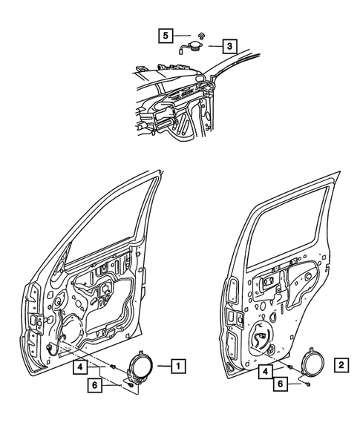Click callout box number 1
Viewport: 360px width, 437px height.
179,364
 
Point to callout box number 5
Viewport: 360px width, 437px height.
165,35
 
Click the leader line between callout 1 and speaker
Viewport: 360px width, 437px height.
162,364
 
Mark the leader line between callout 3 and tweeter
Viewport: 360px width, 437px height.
212,45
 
